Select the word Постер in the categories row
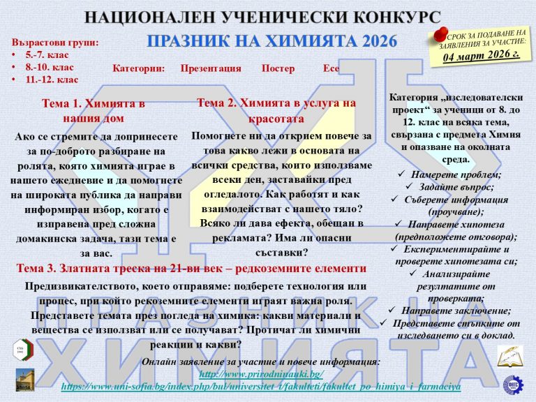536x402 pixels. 278,68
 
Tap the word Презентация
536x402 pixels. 211,68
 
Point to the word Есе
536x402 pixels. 332,68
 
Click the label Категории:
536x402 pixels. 138,68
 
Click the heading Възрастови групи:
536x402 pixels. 55,42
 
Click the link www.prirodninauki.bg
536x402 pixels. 261,374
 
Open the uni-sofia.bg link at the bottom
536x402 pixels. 261,386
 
